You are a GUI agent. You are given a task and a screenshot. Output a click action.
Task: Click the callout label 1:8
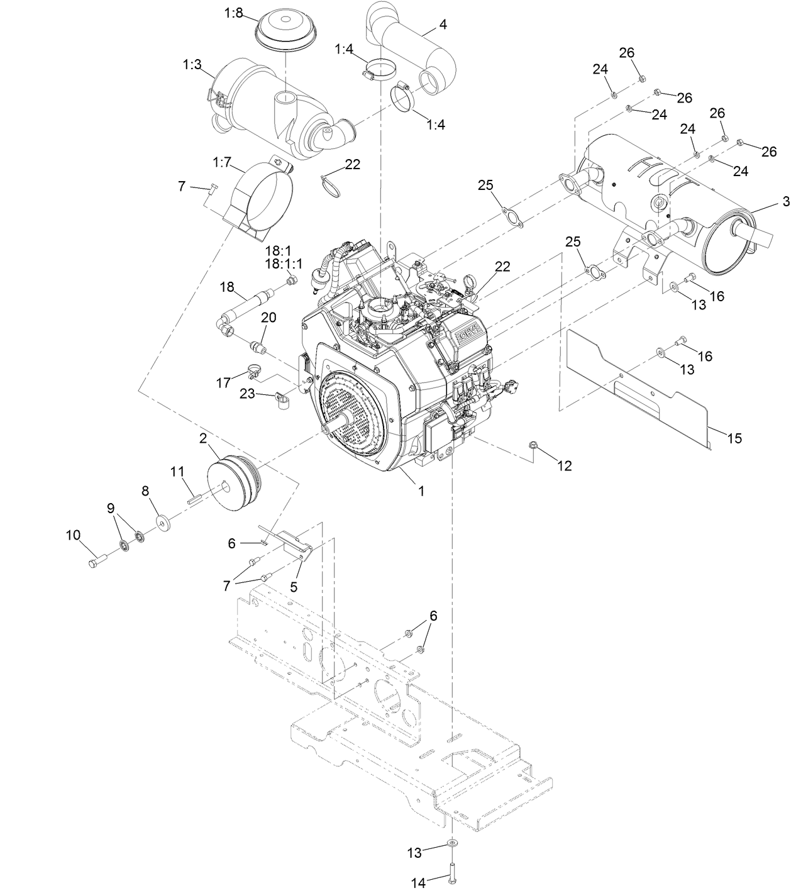tap(233, 13)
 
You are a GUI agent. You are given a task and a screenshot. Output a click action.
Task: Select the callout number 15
tap(734, 438)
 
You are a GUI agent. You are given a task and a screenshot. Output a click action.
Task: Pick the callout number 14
tap(418, 883)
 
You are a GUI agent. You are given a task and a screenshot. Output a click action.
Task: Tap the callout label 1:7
tap(222, 162)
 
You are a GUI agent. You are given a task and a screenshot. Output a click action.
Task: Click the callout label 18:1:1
tap(283, 264)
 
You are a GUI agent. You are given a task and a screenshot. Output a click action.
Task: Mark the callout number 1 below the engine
tap(421, 491)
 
